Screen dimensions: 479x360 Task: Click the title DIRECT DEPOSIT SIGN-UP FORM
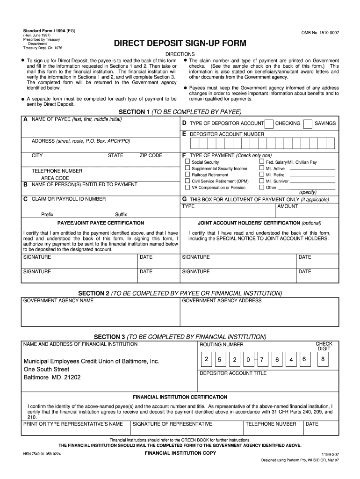pos(180,44)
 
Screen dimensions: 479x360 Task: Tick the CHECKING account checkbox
pos(269,123)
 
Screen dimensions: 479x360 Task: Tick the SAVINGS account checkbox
pos(308,123)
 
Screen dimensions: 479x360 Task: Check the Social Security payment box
pos(187,162)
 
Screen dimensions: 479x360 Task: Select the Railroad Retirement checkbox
pos(187,175)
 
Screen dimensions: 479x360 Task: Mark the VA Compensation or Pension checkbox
pos(187,188)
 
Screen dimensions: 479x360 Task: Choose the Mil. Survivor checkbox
pos(262,181)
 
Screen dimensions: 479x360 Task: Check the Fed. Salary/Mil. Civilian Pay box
pos(262,162)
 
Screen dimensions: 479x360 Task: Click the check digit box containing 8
pos(323,359)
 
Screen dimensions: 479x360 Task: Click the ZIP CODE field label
pos(151,155)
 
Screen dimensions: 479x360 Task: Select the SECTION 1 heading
pos(180,112)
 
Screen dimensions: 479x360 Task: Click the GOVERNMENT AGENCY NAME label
pos(58,300)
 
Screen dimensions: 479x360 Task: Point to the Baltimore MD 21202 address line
pos(52,377)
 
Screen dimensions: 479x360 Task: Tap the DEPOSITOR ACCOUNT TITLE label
pos(233,373)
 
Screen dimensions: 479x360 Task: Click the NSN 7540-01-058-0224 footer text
pos(48,454)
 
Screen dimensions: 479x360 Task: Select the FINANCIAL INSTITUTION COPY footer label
pos(180,454)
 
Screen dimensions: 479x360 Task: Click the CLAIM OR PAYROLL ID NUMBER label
pos(69,199)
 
